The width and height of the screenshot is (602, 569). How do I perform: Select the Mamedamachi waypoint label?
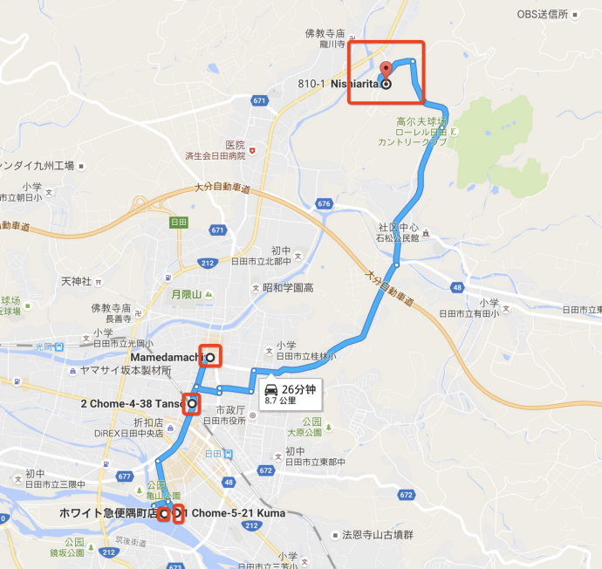[x=166, y=357]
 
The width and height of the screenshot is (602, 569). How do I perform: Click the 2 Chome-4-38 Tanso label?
[x=131, y=404]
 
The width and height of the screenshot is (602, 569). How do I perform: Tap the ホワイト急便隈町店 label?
[x=108, y=512]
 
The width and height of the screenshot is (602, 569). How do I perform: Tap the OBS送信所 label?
[x=542, y=15]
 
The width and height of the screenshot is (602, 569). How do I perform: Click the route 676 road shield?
[x=325, y=203]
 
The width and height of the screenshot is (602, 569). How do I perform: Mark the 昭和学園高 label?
[x=288, y=287]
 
